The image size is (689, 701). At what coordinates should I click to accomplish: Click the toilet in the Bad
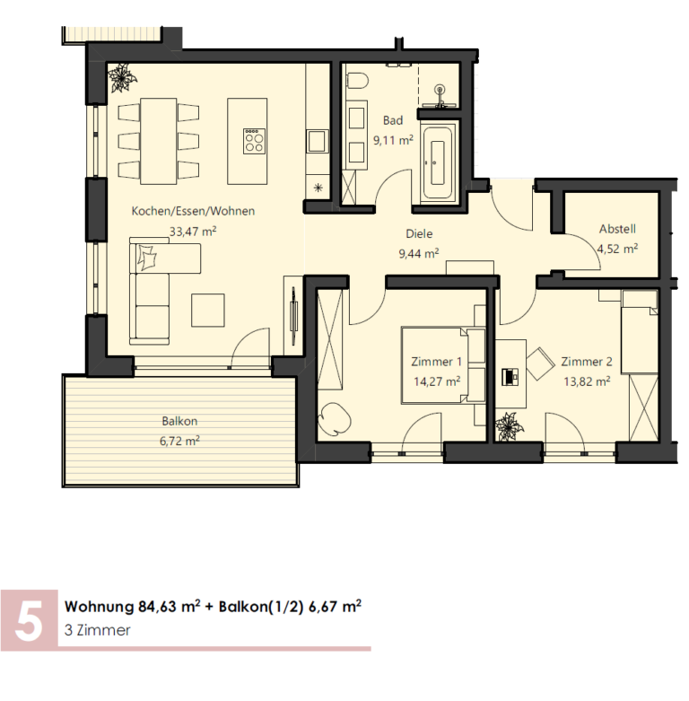point(356,82)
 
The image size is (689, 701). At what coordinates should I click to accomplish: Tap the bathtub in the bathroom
point(438,162)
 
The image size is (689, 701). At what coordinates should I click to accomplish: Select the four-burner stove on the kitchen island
point(254,141)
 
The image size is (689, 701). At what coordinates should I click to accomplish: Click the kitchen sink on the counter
point(317,141)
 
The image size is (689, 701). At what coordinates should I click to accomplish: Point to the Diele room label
point(419,233)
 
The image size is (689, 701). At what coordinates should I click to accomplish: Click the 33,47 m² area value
point(193,232)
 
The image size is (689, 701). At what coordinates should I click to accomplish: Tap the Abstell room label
point(617,229)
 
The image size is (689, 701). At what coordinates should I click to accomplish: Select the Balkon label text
point(179,421)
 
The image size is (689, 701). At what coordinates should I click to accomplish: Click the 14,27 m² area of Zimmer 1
point(437,381)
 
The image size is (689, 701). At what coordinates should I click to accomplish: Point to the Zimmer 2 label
point(587,361)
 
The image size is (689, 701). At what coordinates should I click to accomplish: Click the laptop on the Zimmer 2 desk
point(510,376)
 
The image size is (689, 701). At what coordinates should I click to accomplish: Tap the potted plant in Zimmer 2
point(509,426)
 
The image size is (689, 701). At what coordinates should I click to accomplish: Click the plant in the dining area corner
point(121,78)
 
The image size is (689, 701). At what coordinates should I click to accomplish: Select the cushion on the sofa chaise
point(147,258)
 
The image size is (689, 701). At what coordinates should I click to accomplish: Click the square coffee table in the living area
point(208,311)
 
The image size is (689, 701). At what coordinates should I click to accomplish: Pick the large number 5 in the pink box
point(29,620)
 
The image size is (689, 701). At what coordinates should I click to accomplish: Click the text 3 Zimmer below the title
point(98,630)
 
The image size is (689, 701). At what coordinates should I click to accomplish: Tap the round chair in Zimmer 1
point(334,418)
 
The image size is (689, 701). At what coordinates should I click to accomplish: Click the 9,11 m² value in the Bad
point(393,140)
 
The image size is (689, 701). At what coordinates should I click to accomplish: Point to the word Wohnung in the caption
point(99,607)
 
